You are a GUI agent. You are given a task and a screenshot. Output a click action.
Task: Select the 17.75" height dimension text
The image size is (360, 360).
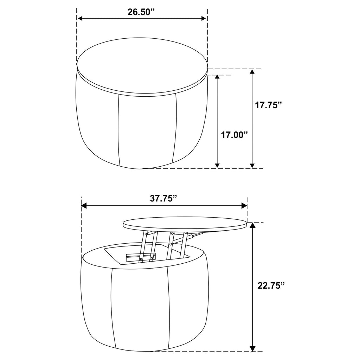click(268, 105)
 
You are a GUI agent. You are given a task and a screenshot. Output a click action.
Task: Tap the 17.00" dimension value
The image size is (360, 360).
click(234, 135)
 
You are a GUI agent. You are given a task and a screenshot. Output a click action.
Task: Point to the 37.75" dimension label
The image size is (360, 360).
click(164, 198)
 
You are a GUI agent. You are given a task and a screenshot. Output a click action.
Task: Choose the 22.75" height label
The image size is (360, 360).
click(271, 285)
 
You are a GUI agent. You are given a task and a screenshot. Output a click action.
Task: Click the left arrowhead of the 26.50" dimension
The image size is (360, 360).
click(80, 19)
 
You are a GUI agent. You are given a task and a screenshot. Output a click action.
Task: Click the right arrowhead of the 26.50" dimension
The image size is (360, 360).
click(204, 19)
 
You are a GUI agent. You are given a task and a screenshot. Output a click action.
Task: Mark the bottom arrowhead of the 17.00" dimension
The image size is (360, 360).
click(217, 165)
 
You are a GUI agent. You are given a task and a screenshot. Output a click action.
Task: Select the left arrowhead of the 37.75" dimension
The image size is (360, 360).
click(84, 206)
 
